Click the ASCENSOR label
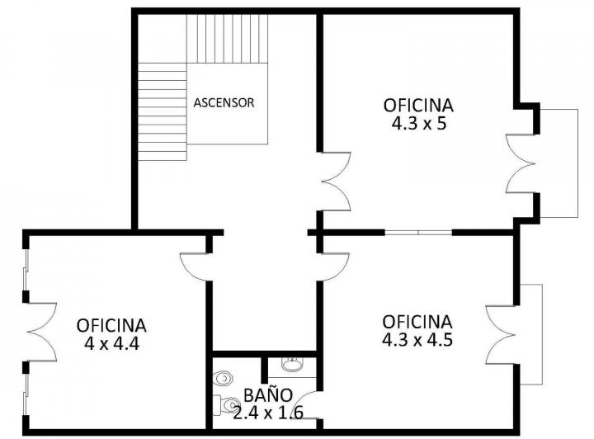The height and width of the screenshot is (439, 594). (224, 103)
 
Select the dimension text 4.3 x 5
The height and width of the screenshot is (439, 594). (418, 124)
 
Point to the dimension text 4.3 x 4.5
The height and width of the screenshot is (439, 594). (417, 339)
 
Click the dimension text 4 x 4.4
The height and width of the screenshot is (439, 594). (111, 343)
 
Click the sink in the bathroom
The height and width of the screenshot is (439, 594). (290, 363)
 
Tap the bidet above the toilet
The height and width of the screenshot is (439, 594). (221, 379)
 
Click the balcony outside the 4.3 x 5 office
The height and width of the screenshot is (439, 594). (559, 163)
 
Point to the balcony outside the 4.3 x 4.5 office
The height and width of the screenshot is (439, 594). (532, 333)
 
